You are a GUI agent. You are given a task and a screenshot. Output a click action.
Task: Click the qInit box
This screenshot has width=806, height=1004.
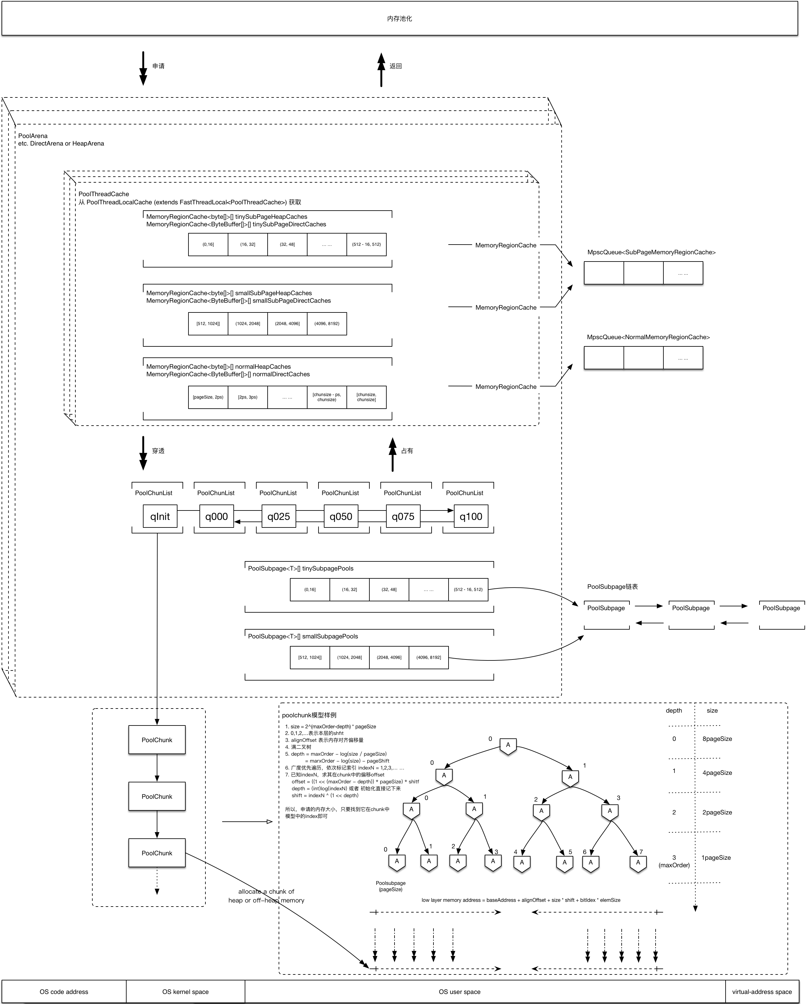160,516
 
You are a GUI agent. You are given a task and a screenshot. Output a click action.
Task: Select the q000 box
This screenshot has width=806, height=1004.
216,516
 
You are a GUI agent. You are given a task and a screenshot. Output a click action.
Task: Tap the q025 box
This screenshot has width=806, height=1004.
279,516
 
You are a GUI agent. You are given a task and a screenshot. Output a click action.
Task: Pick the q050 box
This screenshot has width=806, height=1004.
341,516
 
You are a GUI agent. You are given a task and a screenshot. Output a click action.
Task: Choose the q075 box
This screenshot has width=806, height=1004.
403,516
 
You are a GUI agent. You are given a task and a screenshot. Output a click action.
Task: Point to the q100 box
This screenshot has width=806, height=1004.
471,516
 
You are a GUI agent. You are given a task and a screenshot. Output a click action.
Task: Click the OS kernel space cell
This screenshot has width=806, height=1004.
185,991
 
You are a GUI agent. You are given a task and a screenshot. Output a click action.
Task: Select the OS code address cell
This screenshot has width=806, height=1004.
64,991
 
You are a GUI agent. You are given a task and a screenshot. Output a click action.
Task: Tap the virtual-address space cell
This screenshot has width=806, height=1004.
762,991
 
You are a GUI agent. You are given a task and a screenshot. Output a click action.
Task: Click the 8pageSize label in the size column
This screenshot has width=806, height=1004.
717,739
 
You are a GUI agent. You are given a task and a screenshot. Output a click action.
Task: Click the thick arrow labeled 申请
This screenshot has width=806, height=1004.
143,69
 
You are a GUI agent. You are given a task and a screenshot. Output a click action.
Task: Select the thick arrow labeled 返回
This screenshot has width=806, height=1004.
381,69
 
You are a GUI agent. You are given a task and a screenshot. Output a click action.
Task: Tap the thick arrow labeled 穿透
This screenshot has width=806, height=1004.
143,453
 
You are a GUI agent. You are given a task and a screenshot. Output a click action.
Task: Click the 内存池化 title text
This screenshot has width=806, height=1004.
399,19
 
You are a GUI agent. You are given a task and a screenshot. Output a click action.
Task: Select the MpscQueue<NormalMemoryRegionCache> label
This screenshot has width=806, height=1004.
648,337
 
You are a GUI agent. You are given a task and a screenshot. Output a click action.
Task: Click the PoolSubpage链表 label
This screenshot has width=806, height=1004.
613,587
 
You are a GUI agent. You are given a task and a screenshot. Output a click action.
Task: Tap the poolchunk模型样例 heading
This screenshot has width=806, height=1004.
309,715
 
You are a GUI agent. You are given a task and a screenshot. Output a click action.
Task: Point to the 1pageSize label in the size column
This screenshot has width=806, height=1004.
716,858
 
